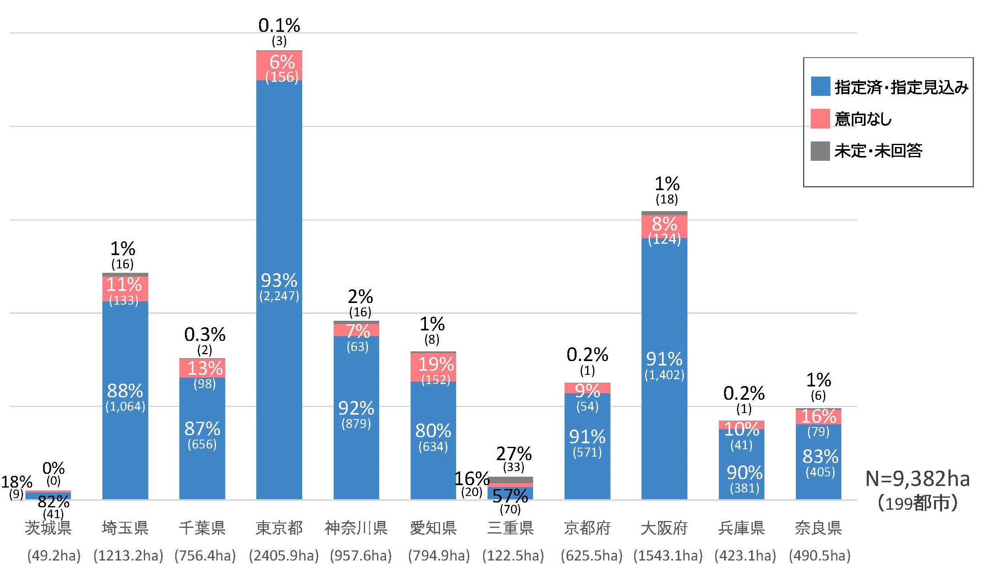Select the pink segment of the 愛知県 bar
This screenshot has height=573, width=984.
(x=433, y=367)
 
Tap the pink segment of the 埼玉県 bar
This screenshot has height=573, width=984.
(x=125, y=289)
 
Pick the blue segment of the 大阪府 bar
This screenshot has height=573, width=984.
(x=664, y=306)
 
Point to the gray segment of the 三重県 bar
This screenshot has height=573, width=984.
(x=510, y=480)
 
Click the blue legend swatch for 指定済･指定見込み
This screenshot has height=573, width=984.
(x=820, y=86)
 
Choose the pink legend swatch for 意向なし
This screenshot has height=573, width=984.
(x=820, y=118)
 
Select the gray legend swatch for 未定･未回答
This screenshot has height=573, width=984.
(x=820, y=151)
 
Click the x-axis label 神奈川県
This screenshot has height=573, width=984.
(x=356, y=528)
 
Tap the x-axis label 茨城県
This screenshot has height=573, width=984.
(x=48, y=528)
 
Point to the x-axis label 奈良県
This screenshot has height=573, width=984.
(x=818, y=528)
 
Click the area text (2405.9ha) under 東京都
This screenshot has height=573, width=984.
(x=284, y=556)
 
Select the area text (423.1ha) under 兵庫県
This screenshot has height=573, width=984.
(x=745, y=556)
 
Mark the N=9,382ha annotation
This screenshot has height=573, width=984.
(x=918, y=479)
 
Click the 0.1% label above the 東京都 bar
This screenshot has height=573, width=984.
(x=279, y=26)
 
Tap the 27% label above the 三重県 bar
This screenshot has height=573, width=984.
(x=514, y=454)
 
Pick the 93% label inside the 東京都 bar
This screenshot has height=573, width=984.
(x=279, y=280)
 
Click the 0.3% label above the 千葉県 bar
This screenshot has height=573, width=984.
(x=205, y=334)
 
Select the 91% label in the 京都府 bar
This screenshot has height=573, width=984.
(x=587, y=437)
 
